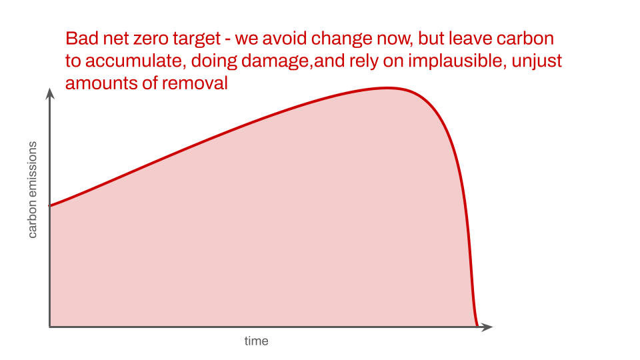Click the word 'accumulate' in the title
tap(133, 61)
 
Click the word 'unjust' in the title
tap(537, 62)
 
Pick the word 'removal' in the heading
tap(195, 84)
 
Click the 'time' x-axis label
tap(256, 341)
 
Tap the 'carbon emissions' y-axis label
tap(32, 190)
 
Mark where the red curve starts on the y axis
tap(50, 205)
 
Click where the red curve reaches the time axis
tap(477, 326)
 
